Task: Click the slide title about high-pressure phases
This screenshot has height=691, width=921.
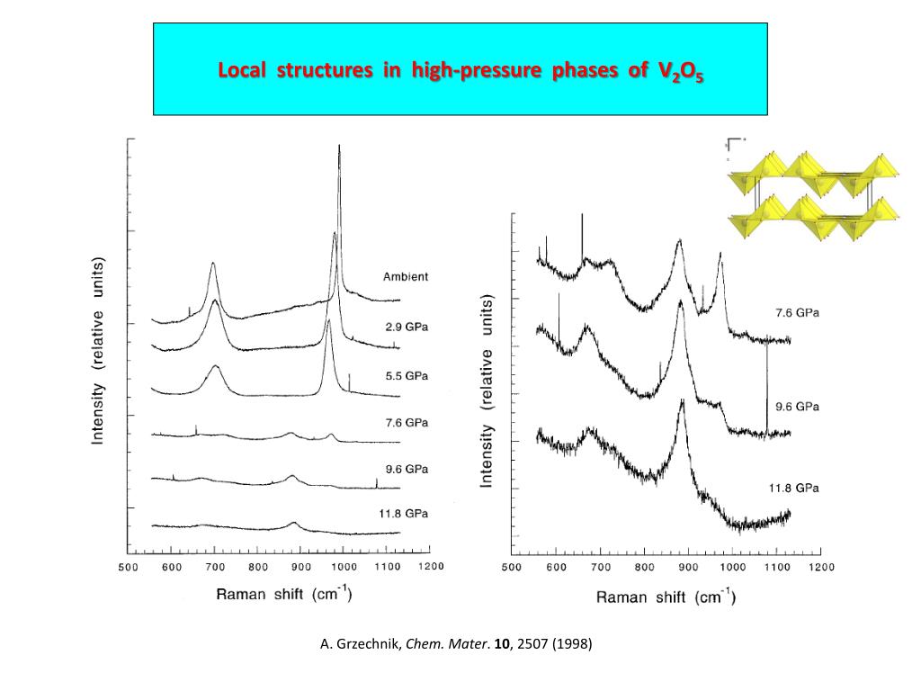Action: click(460, 70)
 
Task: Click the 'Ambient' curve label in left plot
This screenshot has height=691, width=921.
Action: click(406, 277)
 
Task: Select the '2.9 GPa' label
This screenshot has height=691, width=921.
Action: click(405, 327)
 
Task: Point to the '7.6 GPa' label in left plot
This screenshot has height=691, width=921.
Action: click(405, 422)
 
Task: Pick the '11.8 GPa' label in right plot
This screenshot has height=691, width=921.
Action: click(793, 488)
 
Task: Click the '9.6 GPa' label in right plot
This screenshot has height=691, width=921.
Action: click(797, 406)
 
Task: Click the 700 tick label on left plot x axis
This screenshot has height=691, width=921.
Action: click(214, 567)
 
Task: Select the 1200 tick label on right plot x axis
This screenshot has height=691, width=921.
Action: click(820, 568)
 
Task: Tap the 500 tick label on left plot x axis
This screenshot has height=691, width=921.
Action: click(128, 567)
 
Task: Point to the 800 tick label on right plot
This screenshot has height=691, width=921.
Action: click(644, 568)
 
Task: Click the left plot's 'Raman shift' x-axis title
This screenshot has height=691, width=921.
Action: click(283, 594)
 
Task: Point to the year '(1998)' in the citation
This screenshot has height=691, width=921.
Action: click(573, 644)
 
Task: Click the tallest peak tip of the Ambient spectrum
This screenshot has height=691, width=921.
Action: click(339, 146)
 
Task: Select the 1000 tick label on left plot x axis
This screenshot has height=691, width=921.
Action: click(344, 567)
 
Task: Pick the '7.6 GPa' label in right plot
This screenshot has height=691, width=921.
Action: click(797, 313)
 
